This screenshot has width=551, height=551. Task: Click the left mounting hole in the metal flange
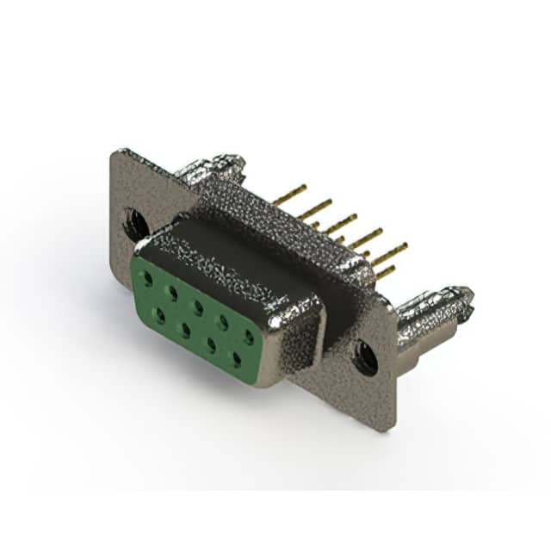coord(135,224)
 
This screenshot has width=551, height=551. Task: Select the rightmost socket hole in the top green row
coord(248,337)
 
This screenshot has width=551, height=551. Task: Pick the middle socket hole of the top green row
coord(198,307)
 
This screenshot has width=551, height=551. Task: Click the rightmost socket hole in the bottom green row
coord(234,359)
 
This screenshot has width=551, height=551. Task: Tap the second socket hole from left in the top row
coord(173,294)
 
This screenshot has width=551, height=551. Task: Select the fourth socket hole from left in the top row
coord(223,322)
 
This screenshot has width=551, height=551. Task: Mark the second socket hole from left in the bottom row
coord(184,330)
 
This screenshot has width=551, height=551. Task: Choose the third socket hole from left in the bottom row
coord(209,344)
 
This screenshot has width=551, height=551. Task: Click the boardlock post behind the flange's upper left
coord(211,166)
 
